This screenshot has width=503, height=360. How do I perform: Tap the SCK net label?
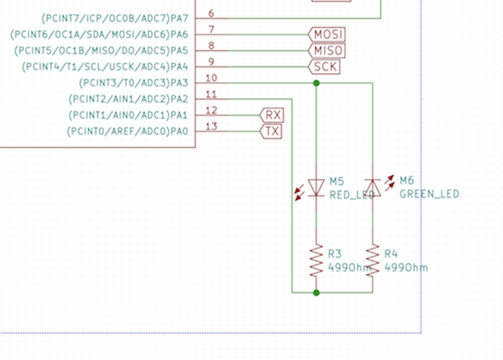tap(324, 67)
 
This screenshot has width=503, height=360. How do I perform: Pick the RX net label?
tap(272, 115)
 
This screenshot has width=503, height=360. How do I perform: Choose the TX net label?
tap(271, 132)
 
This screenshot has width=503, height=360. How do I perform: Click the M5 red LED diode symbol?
tap(316, 187)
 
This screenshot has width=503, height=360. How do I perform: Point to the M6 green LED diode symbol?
tap(373, 187)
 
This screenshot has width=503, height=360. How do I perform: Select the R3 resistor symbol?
tap(316, 261)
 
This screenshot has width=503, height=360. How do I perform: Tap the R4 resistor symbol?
tap(373, 261)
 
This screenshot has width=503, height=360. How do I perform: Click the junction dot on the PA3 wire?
tap(316, 83)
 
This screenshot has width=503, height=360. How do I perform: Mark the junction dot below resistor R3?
tap(316, 292)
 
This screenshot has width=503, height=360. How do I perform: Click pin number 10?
tap(211, 78)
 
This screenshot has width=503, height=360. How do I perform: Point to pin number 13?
tap(211, 126)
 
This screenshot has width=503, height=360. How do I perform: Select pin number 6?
tap(211, 13)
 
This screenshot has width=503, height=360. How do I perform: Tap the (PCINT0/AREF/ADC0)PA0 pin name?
tap(127, 132)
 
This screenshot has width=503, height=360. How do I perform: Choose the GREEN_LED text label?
tap(429, 194)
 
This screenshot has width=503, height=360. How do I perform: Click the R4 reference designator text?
tap(391, 254)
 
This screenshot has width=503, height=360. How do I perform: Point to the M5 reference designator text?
tap(337, 181)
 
